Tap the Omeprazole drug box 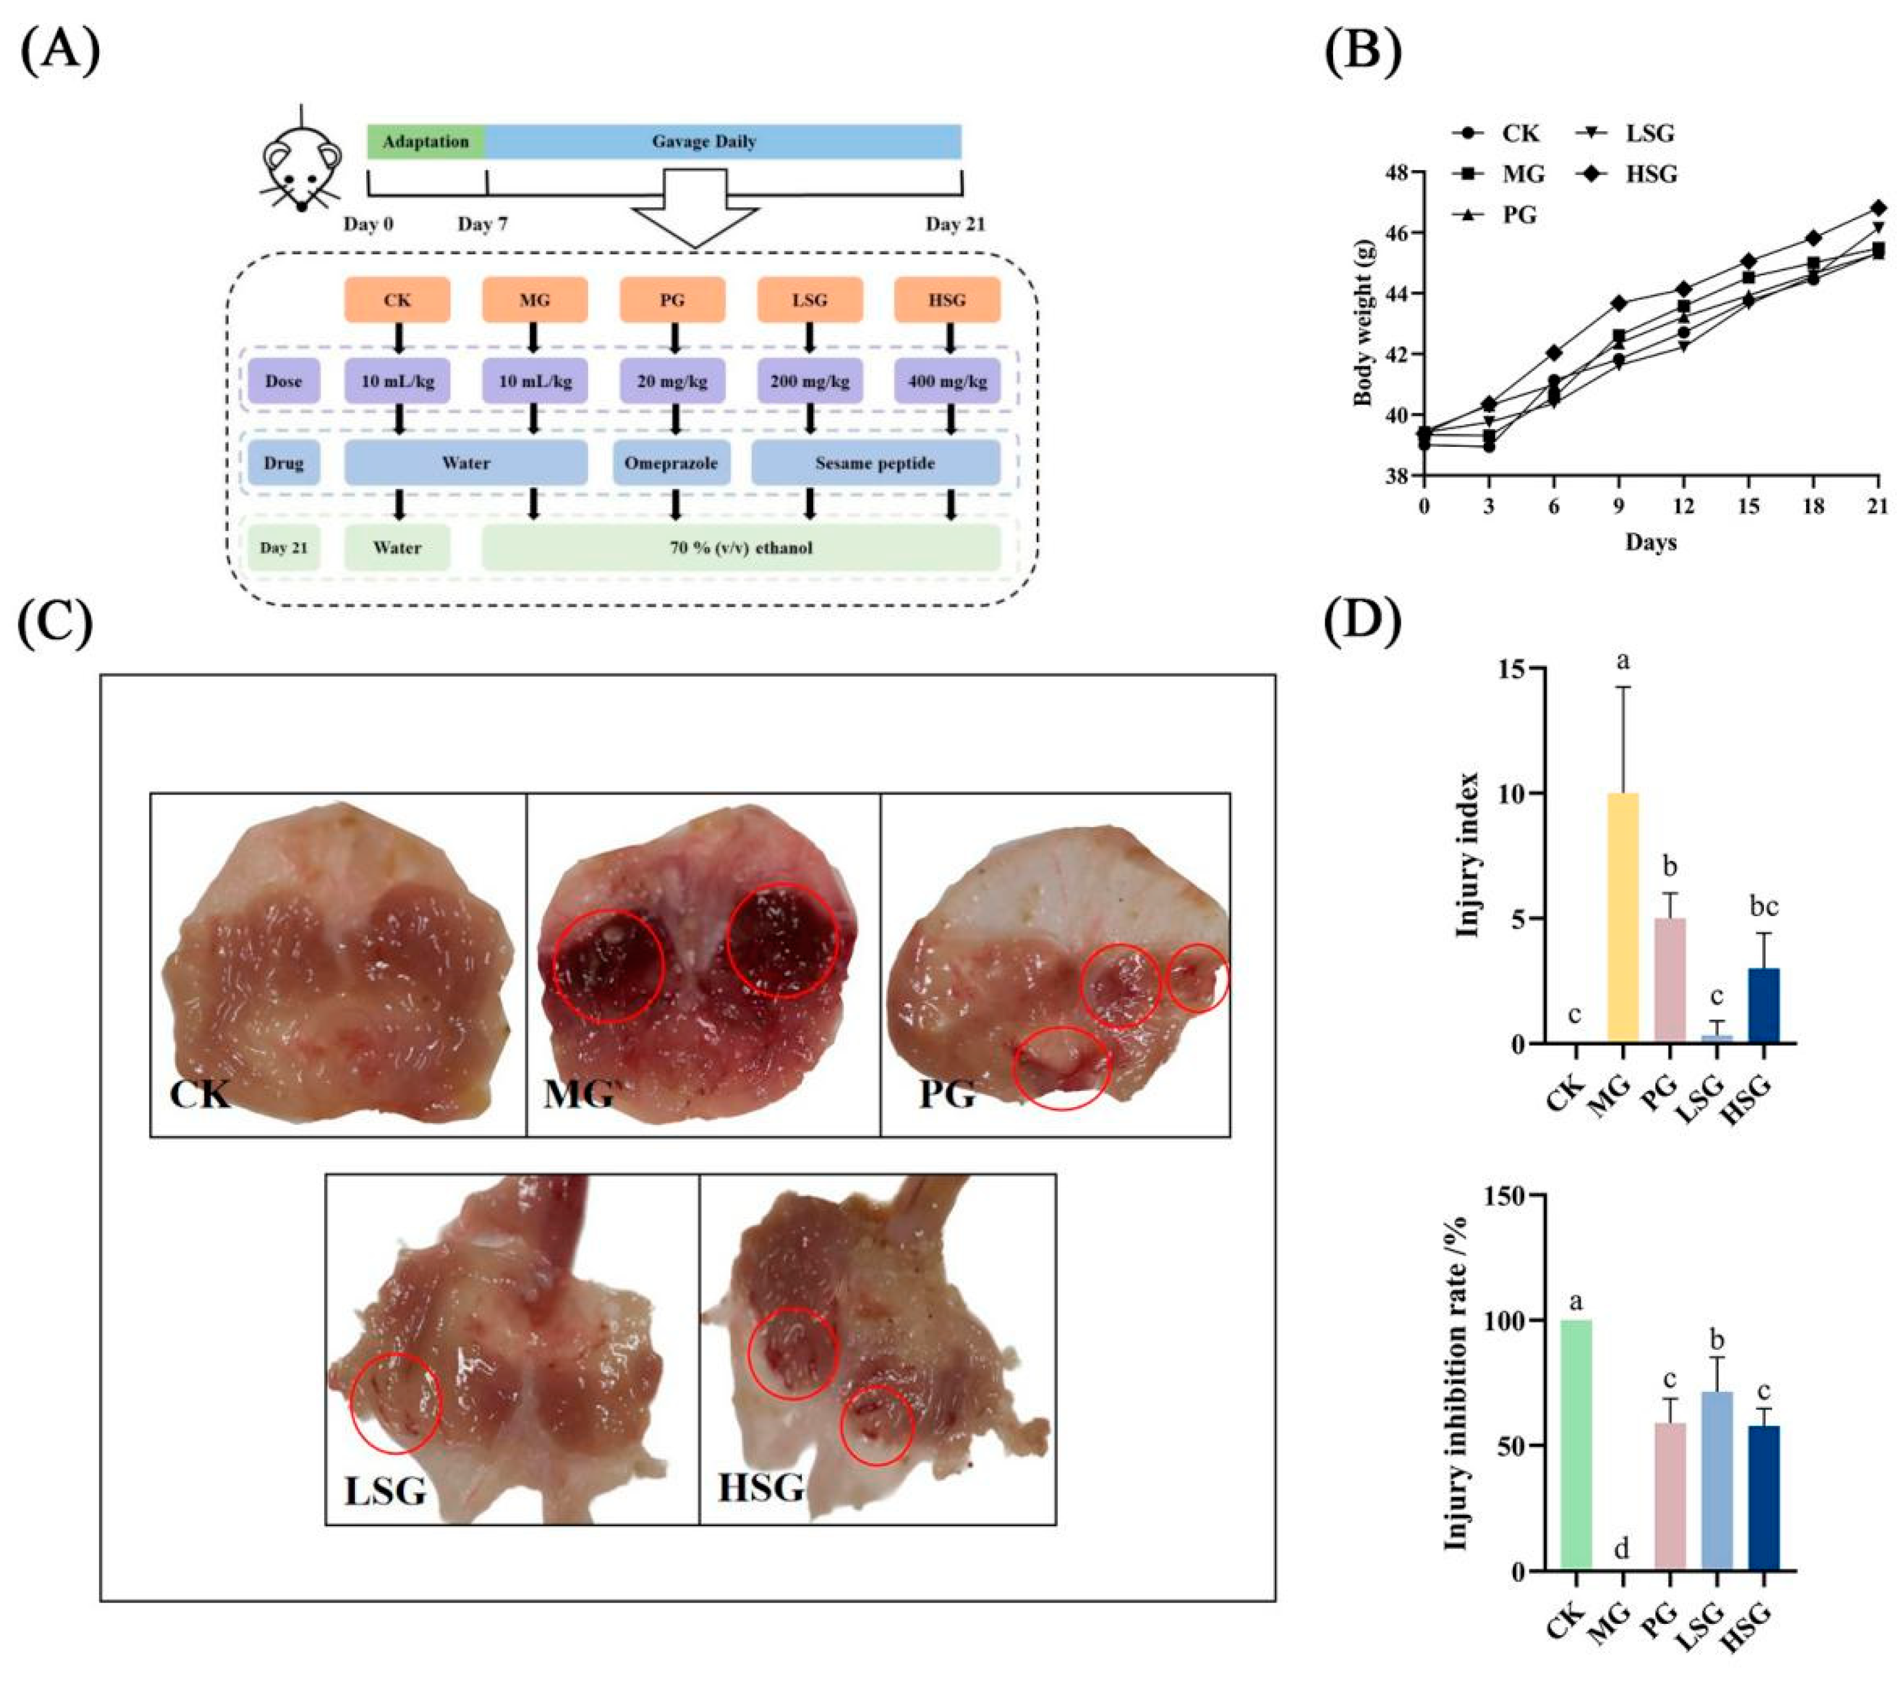(671, 463)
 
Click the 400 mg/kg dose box (947, 381)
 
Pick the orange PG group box (671, 300)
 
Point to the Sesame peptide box (875, 463)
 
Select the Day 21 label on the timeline (954, 224)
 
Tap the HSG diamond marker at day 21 (1878, 207)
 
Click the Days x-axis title (1651, 542)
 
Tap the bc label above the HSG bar (1763, 907)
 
